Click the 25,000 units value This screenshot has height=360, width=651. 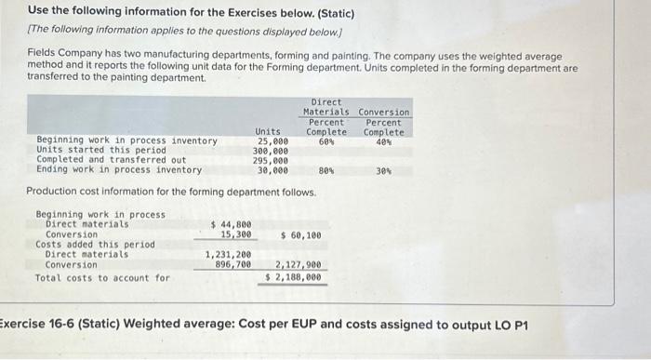272,141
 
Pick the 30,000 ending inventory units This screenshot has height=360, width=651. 272,170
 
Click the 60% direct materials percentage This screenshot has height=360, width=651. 326,141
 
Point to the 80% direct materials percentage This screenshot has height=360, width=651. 326,170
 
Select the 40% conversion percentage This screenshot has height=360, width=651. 384,141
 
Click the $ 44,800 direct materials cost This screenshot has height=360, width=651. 232,224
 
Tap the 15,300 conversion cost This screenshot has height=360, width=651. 234,234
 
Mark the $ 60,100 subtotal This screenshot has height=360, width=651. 299,234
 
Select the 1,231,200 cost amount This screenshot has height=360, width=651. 228,254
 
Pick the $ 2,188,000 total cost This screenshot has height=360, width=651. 294,276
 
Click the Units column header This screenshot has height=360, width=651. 268,132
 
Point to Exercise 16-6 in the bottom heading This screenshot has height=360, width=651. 37,327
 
